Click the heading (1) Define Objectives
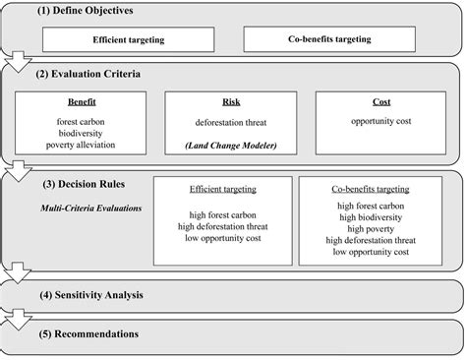[87, 11]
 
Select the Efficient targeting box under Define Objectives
[130, 40]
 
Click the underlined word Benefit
[82, 101]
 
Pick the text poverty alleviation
[83, 145]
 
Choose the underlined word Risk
[232, 101]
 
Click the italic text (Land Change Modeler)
[232, 146]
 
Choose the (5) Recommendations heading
[87, 333]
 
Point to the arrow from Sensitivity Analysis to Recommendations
[16, 318]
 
